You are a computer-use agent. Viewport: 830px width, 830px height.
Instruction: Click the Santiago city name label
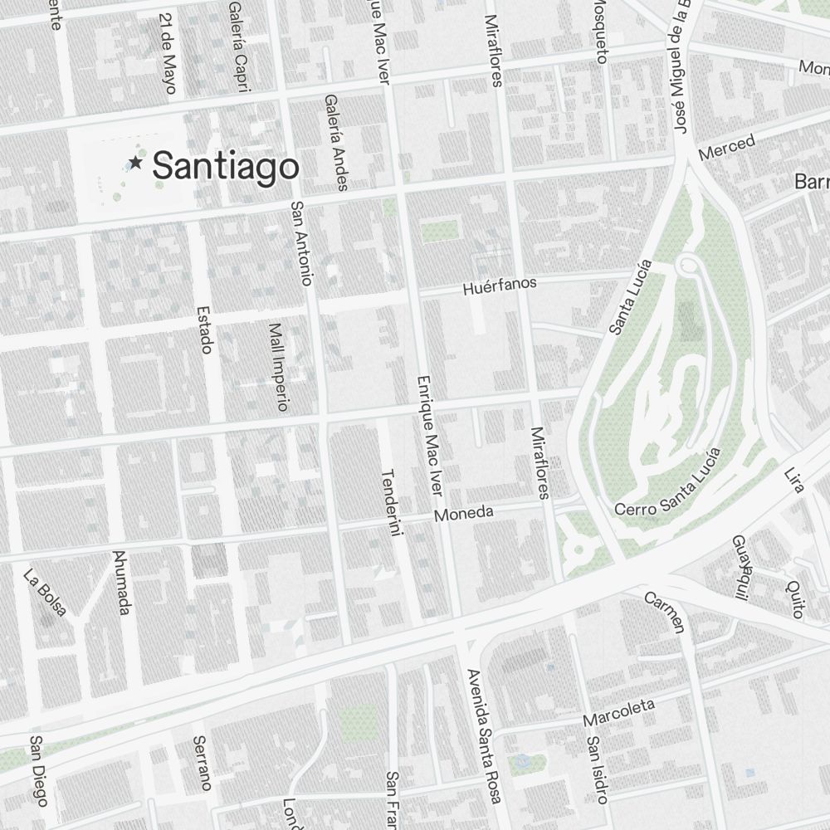225,166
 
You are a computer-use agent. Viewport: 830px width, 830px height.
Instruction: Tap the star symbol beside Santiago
135,164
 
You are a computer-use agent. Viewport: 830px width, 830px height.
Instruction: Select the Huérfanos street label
500,286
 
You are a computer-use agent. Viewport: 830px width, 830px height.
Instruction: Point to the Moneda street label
464,513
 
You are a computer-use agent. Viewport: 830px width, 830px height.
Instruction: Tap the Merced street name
727,147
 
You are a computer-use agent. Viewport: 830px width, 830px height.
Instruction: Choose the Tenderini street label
391,504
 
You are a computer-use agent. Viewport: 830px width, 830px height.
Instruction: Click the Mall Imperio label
277,368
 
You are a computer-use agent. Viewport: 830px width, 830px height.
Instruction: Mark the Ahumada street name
121,583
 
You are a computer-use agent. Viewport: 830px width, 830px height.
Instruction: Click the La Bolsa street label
45,593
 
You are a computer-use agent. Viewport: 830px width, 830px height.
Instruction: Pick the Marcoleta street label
618,713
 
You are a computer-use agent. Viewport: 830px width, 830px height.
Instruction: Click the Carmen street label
667,611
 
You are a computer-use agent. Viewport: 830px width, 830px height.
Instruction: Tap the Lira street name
794,481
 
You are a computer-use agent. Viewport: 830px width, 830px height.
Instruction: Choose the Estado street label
204,330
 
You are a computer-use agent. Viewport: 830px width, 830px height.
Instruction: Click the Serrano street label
202,763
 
